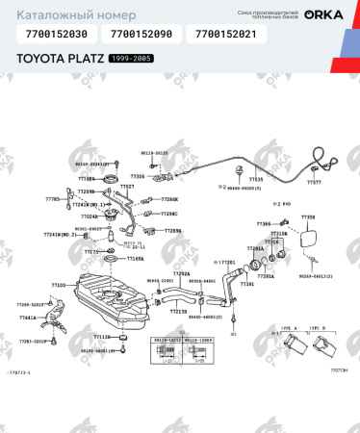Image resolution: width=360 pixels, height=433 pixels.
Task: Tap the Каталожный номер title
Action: pos(59,13)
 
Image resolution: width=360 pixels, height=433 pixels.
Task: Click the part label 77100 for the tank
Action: pos(59,286)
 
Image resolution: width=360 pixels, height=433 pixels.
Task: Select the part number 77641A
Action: pos(28,318)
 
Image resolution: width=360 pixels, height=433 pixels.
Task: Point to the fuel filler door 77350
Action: pos(307,242)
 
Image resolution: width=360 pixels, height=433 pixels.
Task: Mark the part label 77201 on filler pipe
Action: pos(227,261)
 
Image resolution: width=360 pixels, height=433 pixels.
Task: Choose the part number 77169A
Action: pos(136,258)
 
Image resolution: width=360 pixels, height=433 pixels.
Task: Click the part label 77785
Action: pos(52,198)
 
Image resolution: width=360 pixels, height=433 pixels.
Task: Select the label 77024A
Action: pos(90,216)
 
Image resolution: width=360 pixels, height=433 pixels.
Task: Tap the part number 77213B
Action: pos(179,311)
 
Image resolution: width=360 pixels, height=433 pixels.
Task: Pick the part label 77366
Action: pos(264,223)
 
